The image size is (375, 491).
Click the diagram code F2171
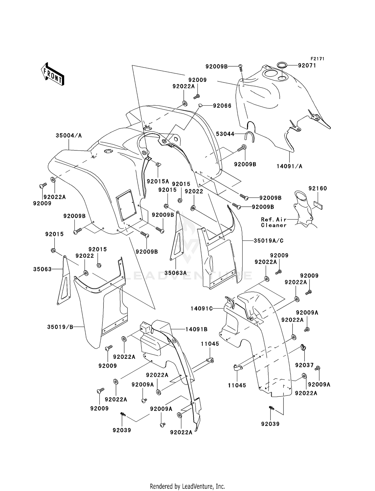pos(317,59)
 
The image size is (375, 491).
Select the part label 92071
pos(307,65)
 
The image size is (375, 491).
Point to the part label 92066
pos(222,106)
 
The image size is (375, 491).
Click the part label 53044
pos(225,134)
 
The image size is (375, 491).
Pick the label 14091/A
pos(289,166)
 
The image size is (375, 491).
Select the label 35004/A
pos(69,135)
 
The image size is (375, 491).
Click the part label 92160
pos(317,188)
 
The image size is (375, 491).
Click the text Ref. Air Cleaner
pos(274,222)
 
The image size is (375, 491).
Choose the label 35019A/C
pos(268,240)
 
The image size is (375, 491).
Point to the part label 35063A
pos(175,273)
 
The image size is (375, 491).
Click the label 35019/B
pos(60,327)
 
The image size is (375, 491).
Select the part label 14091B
pos(196,329)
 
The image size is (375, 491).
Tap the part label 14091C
pos(201,309)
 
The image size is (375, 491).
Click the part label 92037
pos(304,365)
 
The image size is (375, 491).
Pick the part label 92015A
pos(158,181)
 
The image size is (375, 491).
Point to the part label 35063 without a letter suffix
pos(42,269)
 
